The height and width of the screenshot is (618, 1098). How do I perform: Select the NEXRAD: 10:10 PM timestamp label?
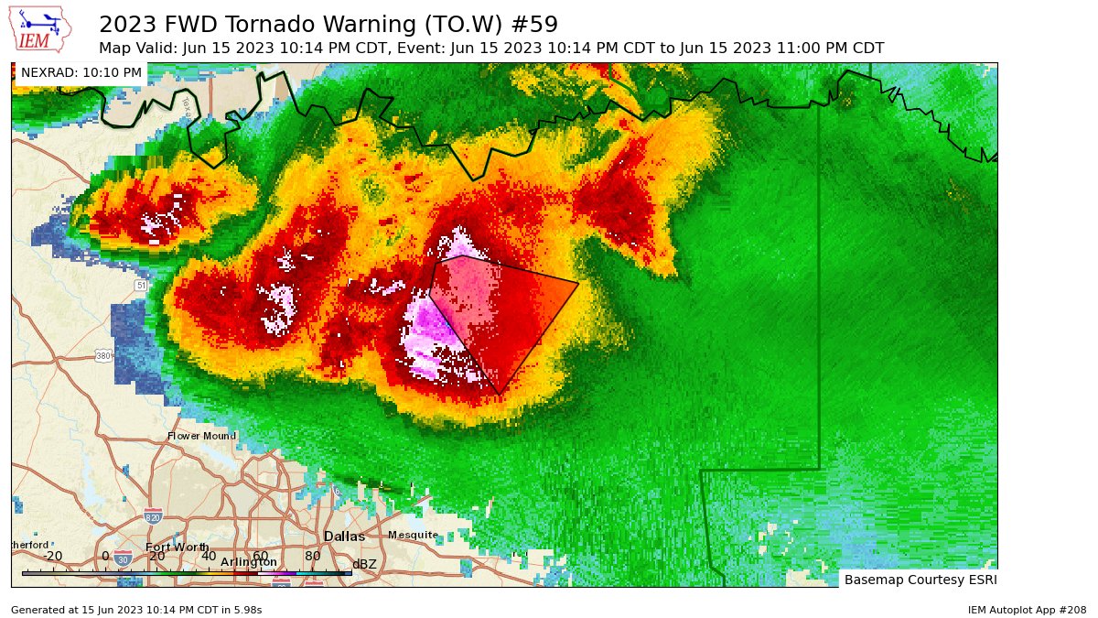tap(81, 72)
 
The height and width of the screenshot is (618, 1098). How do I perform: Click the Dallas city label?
tap(344, 537)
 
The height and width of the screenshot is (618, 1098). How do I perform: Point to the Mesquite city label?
tap(413, 535)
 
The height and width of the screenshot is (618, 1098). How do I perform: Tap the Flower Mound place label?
tap(202, 437)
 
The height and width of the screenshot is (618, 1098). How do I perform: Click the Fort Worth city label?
tap(177, 547)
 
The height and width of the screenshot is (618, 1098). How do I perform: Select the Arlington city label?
tap(249, 561)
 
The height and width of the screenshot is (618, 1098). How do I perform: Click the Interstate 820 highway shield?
tap(153, 518)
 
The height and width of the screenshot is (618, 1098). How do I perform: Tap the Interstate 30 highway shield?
tap(123, 556)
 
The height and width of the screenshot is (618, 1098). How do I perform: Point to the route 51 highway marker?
tap(140, 286)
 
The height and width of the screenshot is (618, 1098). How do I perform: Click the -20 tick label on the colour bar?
tap(52, 556)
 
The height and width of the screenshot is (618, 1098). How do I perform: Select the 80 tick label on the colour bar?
tap(312, 556)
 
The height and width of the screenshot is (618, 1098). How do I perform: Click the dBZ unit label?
tap(364, 564)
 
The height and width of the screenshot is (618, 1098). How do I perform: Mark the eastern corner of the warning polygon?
tap(578, 283)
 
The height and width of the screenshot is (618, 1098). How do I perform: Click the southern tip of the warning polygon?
tap(499, 395)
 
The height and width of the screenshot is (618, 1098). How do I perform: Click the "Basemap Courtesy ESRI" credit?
tap(920, 580)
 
